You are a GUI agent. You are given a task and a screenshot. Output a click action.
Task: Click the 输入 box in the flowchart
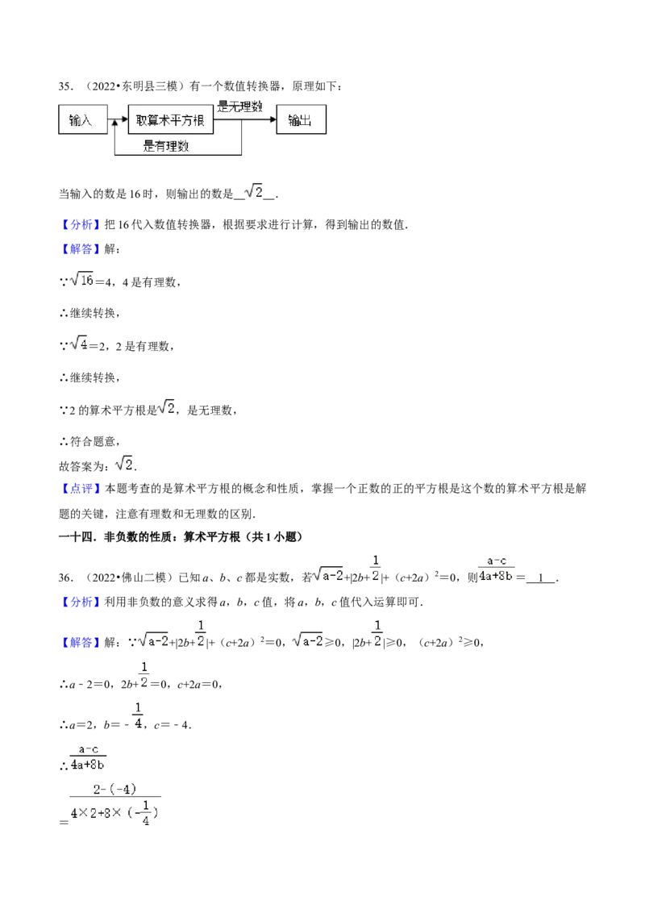pos(83,120)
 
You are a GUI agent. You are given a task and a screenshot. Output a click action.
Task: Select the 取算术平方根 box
pos(170,120)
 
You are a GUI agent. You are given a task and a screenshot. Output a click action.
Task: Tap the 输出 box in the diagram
pos(301,120)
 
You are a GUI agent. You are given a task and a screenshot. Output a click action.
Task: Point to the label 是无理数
pos(239,106)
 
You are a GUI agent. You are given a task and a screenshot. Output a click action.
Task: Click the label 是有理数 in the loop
pos(166,146)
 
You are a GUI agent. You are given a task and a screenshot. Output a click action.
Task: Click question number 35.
pos(65,86)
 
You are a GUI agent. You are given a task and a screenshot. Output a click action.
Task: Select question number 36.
pos(65,577)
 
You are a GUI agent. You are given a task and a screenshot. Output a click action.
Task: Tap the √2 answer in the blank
pos(254,192)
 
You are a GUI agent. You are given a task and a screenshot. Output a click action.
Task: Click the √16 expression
pos(81,280)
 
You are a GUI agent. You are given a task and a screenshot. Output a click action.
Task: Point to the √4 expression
pos(78,344)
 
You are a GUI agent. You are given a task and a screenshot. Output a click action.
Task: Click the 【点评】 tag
pos(81,489)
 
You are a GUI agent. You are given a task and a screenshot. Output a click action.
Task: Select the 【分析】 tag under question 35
pos(81,225)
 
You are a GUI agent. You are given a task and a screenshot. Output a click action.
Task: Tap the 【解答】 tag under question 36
pos(81,642)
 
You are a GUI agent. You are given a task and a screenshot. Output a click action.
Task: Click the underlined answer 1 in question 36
pos(541,577)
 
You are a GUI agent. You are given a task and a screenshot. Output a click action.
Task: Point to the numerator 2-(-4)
pos(114,789)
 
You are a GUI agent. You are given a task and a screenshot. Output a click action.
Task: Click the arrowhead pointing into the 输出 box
pos(273,120)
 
